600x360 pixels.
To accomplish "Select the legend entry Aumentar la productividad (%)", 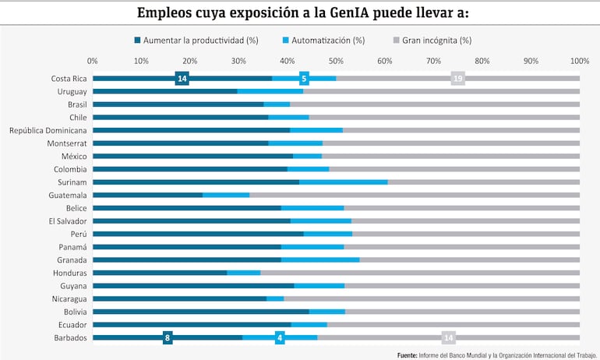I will point(196,40).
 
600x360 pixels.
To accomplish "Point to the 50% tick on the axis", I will point(336,60).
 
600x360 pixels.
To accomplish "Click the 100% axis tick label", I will point(579,60).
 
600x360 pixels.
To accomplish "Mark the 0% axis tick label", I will point(93,60).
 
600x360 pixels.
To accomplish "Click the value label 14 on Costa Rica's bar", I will point(182,79).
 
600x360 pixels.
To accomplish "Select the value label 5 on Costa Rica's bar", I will point(304,79).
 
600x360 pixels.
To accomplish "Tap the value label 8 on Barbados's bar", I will point(168,337).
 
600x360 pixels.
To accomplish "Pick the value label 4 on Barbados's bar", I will point(280,337).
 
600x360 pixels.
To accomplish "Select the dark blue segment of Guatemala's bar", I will point(147,195).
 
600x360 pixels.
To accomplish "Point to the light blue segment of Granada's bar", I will point(320,259).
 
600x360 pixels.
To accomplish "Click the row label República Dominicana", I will point(48,130).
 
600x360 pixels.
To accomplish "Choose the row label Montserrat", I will point(65,143).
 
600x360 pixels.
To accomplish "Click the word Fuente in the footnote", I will point(407,355).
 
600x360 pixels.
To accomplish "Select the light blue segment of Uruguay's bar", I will point(270,91).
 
